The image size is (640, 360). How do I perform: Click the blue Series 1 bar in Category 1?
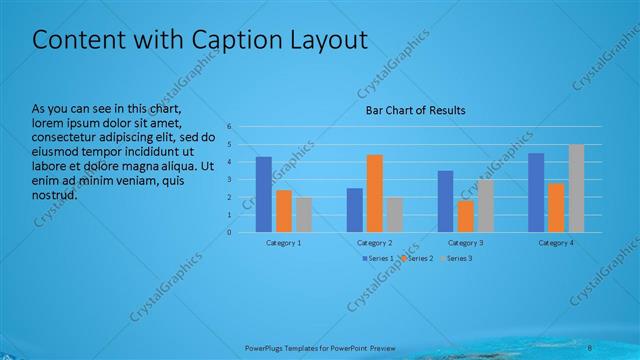click(264, 194)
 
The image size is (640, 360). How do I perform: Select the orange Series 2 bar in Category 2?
click(375, 193)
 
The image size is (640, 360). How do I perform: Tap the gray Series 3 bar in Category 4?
click(576, 188)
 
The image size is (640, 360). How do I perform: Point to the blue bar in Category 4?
click(536, 192)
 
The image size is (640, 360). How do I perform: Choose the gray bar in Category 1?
click(304, 214)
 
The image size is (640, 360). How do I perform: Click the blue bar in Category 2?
click(355, 210)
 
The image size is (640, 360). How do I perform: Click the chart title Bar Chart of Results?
click(415, 110)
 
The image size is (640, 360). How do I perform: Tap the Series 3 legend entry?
click(457, 258)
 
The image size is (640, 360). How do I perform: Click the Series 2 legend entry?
click(418, 258)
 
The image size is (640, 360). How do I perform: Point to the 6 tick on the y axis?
click(229, 127)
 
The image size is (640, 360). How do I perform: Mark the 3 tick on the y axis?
click(229, 180)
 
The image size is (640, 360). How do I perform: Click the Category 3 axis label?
click(466, 243)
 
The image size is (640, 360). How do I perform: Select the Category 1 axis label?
click(284, 243)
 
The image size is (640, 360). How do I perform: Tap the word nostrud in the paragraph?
click(55, 194)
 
